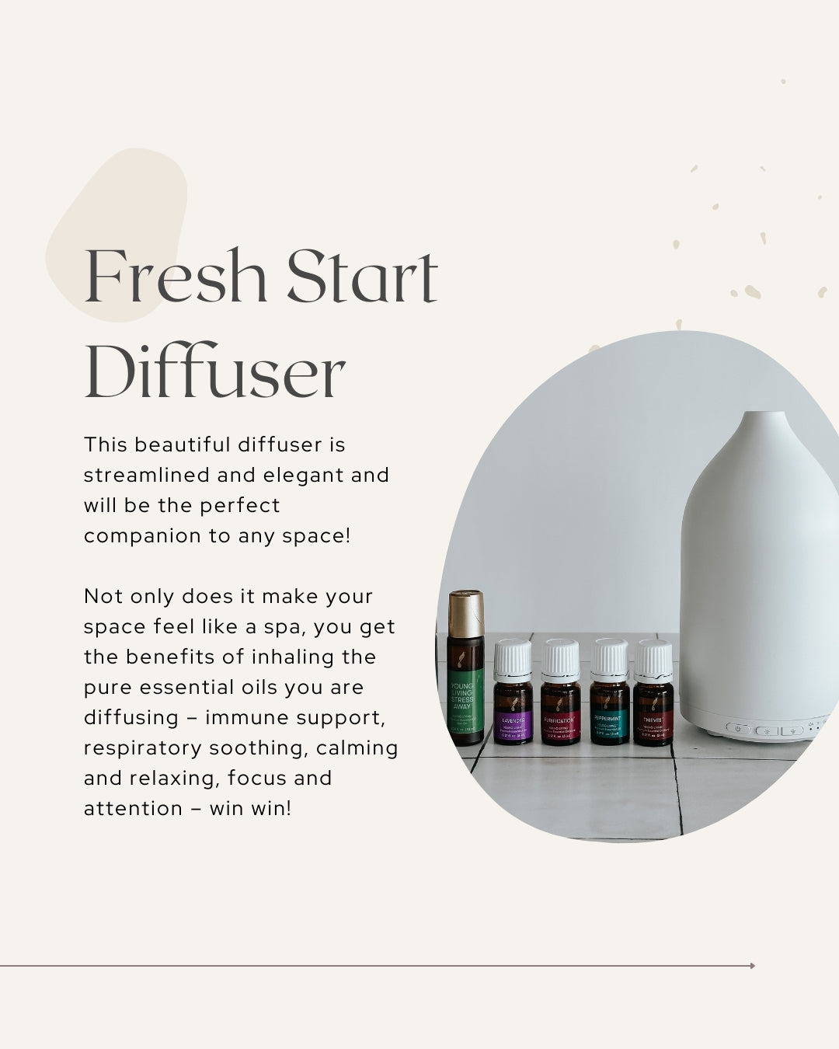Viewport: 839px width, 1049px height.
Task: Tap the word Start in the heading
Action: tap(362, 276)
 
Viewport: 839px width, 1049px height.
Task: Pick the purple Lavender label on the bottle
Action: tap(513, 721)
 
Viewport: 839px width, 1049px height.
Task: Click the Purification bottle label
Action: tap(560, 721)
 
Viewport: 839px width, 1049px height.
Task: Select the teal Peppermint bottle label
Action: tap(609, 721)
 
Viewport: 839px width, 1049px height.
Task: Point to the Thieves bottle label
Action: tap(653, 721)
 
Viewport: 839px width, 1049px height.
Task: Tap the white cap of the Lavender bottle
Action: tap(513, 658)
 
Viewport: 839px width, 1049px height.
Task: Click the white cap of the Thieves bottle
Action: tap(653, 658)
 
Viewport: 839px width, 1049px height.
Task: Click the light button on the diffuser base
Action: tap(766, 731)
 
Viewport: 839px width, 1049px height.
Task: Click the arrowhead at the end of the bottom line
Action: tap(752, 966)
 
